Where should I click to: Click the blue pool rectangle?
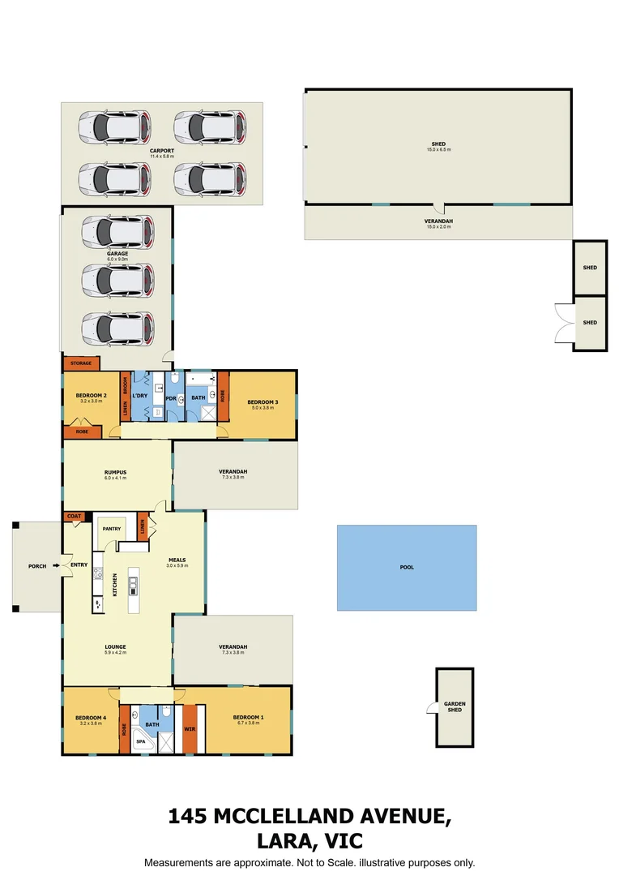point(407,568)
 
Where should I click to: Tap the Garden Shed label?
point(455,706)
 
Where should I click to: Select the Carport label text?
point(161,151)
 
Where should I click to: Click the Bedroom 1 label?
point(249,717)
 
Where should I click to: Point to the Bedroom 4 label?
point(91,717)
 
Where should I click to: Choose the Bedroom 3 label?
point(263,402)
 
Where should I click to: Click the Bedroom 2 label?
point(92,396)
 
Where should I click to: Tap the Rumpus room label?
point(117,471)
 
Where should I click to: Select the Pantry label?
point(111,529)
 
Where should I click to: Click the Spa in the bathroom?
point(140,741)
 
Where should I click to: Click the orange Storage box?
point(81,363)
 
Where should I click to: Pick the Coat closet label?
point(75,516)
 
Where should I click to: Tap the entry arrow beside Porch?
point(56,565)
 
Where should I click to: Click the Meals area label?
point(177,560)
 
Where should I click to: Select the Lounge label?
point(115,646)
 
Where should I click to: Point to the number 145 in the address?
point(186,816)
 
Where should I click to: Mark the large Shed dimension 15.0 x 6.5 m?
point(438,150)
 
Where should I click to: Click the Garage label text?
point(117,253)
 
